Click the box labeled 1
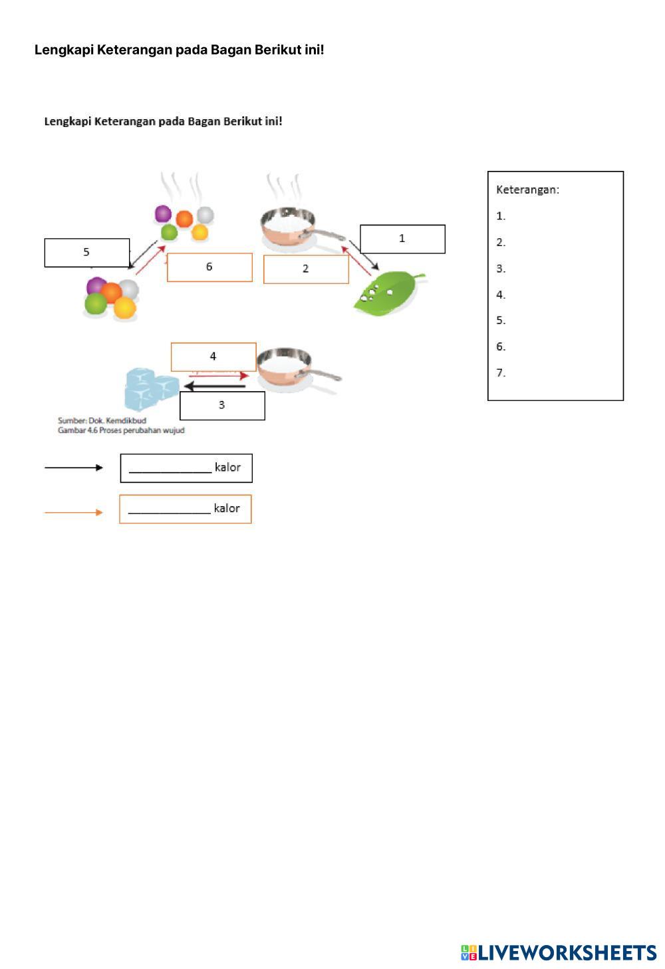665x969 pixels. tap(402, 239)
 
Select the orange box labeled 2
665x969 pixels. tap(306, 269)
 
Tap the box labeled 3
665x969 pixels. tap(222, 405)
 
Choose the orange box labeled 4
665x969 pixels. tap(213, 356)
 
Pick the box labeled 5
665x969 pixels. tap(86, 252)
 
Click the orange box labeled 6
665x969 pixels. tap(209, 267)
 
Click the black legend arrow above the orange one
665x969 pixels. tap(73, 468)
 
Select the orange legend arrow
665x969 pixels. tap(73, 512)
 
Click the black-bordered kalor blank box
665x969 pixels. tap(186, 468)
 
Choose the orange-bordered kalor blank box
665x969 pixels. tap(185, 509)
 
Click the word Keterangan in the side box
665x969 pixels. tap(527, 190)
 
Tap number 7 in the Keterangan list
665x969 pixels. tap(501, 373)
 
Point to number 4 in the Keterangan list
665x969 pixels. tap(501, 295)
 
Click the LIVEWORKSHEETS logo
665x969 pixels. tap(559, 952)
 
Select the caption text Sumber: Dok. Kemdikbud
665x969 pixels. tap(102, 420)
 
